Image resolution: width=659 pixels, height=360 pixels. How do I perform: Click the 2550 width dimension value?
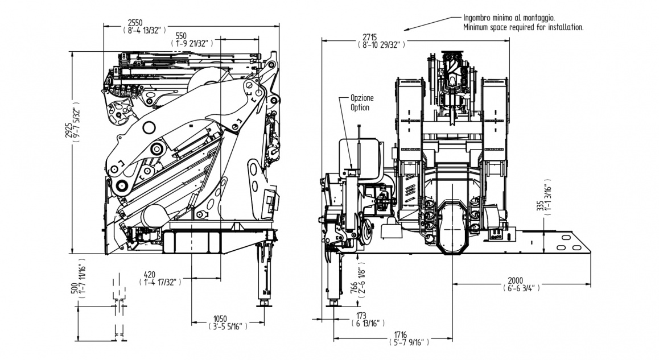coord(134,22)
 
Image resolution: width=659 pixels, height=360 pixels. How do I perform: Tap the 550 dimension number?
coord(181,35)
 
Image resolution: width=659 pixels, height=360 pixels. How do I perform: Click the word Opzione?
coord(362,98)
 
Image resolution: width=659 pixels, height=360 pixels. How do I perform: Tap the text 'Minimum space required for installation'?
coord(523,27)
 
